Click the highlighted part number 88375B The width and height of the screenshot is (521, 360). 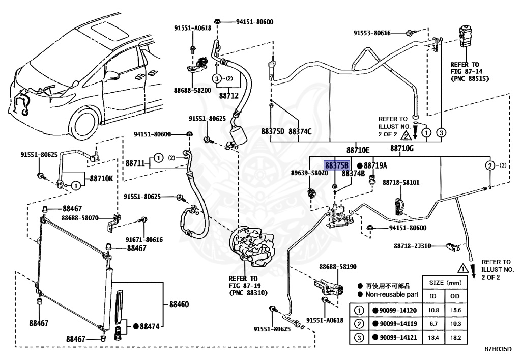coord(337,165)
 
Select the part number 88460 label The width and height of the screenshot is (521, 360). coord(179,304)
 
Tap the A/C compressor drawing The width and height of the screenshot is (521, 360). coord(252,245)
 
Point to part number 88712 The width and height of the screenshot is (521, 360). coord(229,96)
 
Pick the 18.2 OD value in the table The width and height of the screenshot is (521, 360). coord(455,338)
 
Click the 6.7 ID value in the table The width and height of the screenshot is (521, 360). coord(433,324)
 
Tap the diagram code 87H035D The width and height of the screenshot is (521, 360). coord(498,349)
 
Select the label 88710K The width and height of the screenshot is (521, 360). coord(101,179)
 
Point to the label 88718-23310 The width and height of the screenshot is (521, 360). coord(413,246)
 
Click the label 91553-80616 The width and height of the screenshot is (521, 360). coord(372,33)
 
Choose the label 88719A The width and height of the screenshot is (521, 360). coord(375,165)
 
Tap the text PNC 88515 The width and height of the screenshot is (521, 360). coord(470,79)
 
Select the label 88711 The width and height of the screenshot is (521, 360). coord(135,163)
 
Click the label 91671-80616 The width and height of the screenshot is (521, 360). coord(144,240)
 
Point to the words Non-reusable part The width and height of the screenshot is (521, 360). coord(392,294)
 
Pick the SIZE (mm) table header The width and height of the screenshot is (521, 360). coord(445,283)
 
